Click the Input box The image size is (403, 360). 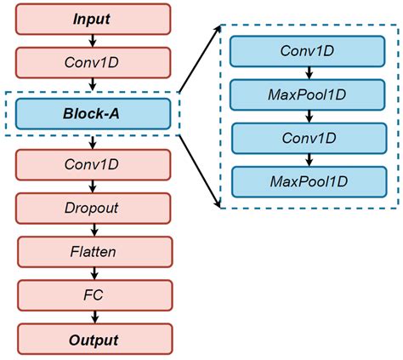coord(92,18)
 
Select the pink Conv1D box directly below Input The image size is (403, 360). coord(92,62)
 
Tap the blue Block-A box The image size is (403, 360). coord(92,112)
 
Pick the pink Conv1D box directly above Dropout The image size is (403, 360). coord(92,163)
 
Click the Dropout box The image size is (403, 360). coord(92,207)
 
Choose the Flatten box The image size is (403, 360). coord(92,251)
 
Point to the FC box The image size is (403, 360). coord(92,295)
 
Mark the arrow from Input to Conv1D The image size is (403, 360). coord(92,40)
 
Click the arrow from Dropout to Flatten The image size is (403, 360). coord(92,229)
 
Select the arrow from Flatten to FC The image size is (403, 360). coord(92,273)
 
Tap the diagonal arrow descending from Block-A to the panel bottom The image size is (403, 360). coord(199,169)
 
